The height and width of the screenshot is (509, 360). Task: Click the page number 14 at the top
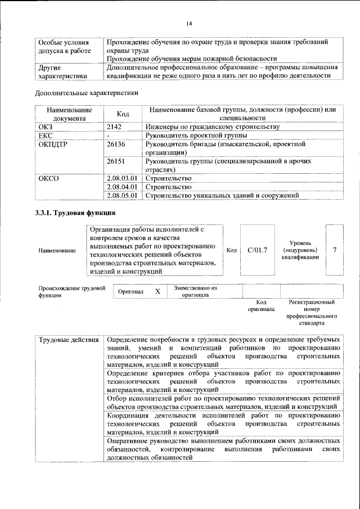coord(189,23)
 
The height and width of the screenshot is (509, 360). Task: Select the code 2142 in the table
coord(115,127)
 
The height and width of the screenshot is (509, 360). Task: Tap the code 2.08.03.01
coord(122,178)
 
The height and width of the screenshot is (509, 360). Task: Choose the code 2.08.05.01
coord(122,196)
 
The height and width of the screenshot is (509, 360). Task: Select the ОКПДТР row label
coord(52,145)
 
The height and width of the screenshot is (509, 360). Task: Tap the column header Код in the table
coord(123,114)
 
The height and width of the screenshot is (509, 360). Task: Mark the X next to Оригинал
coord(157,291)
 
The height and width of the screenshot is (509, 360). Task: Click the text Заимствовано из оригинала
coord(195,291)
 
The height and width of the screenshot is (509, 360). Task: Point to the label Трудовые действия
coord(69,341)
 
